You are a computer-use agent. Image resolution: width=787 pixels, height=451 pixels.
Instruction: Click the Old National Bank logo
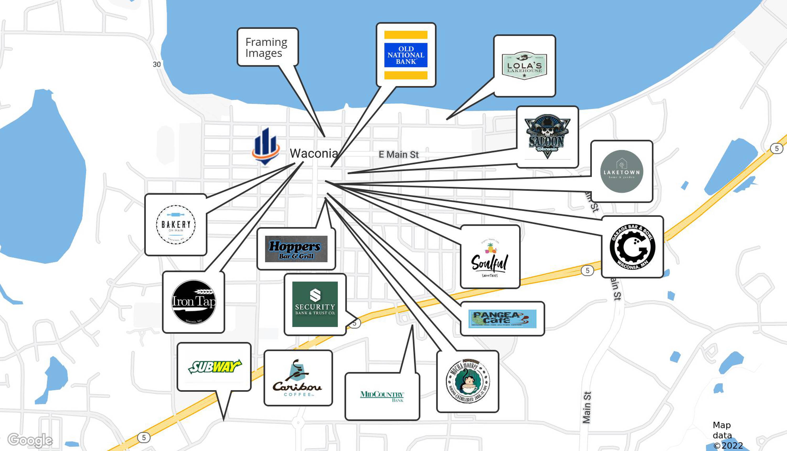coord(406,55)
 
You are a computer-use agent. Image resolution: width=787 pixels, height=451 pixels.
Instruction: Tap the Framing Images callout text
coord(266,47)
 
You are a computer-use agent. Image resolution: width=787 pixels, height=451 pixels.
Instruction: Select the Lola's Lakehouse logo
coord(524,65)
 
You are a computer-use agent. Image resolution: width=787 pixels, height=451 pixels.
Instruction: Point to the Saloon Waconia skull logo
coord(547,136)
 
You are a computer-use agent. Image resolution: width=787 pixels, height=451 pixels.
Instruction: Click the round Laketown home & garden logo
coord(621,171)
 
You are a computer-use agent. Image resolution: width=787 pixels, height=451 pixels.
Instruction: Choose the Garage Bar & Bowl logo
coord(632,247)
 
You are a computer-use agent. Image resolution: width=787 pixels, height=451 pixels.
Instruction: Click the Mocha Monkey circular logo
coord(467,381)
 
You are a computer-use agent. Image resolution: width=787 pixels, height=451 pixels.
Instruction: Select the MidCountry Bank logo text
coord(382,396)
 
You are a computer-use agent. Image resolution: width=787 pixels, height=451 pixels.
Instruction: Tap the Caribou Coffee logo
coord(298,378)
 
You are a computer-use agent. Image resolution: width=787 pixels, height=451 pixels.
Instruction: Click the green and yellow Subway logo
coord(214,367)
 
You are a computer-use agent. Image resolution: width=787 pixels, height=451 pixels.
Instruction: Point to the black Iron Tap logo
coord(194,302)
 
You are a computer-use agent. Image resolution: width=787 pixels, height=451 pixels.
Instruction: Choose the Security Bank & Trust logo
coord(315,304)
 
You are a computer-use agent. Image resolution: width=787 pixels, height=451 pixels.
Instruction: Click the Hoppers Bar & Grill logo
coord(296,249)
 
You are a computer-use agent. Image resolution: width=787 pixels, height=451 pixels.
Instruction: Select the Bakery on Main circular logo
coord(176,224)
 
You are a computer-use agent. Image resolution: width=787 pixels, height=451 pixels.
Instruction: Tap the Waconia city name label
coord(313,153)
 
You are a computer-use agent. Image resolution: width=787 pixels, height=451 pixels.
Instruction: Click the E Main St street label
coord(398,154)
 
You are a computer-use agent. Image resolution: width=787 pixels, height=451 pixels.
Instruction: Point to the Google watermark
coord(30,440)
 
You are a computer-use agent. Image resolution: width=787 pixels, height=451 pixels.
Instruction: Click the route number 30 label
coord(157,65)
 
